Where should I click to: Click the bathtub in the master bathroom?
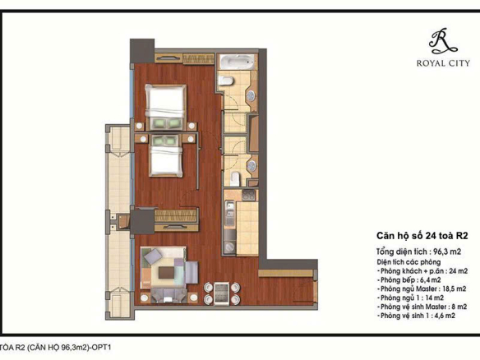point(237,62)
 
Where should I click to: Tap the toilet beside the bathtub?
point(227,81)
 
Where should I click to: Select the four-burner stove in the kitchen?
point(248,195)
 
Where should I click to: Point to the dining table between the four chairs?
point(221,293)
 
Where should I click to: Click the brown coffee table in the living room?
point(167,272)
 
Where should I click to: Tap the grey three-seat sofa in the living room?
point(168,295)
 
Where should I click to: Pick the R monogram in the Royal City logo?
point(443,41)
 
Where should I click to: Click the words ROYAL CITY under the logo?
point(443,63)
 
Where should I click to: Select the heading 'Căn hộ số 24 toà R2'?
point(422,236)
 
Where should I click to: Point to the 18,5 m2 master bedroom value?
point(452,288)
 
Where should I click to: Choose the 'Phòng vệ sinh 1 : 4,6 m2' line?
point(417,316)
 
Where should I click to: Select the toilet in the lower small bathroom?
point(235,179)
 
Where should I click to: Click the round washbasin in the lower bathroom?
point(252,166)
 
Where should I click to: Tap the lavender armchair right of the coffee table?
point(192,272)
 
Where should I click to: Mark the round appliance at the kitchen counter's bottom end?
point(229,246)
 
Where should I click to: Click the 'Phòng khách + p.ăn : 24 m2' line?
point(422,271)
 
